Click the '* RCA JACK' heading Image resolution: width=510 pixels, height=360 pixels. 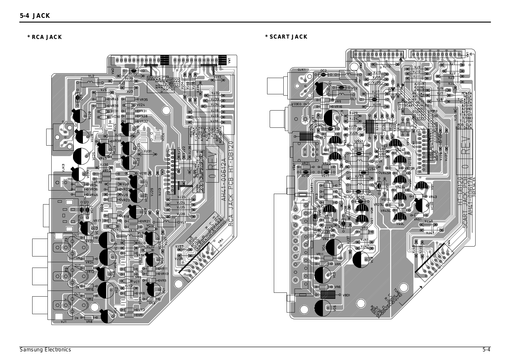(x=45, y=37)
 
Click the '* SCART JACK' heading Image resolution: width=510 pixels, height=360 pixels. (x=286, y=37)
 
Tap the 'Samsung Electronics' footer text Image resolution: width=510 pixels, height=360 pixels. (x=45, y=350)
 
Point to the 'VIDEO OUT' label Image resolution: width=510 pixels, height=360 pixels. (x=300, y=104)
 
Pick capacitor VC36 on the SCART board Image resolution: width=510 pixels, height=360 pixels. (x=422, y=205)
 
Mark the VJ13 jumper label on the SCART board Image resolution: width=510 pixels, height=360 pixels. (x=386, y=67)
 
